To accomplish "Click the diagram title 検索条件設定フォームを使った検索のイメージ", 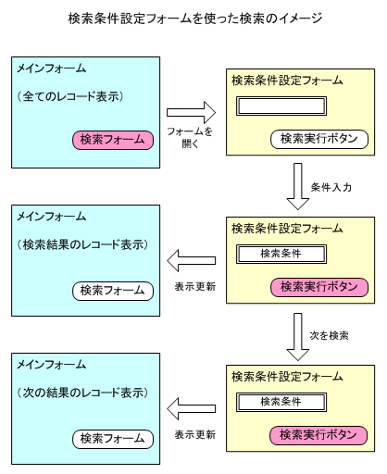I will coord(194,18).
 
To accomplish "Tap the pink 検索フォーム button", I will coord(112,140).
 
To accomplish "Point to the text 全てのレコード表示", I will coord(84,95).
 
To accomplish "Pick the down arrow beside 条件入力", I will coord(298,187).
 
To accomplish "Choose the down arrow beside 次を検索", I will coord(298,336).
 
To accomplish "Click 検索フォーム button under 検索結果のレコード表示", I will coord(112,290).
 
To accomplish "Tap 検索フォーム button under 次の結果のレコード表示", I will coord(112,437).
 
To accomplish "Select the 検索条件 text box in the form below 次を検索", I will coord(282,402).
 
